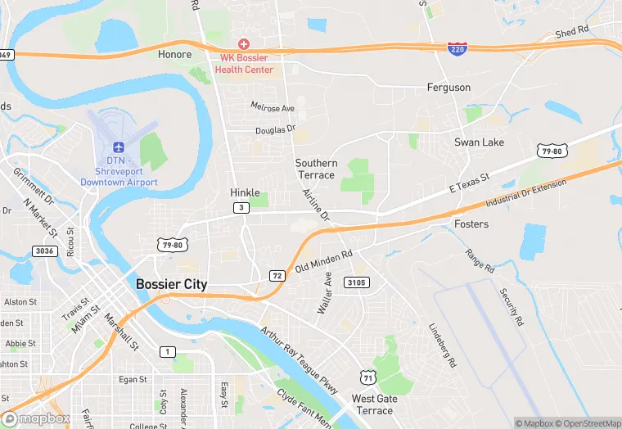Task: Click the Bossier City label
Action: point(171,284)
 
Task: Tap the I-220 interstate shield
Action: point(458,50)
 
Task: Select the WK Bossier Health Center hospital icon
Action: point(243,43)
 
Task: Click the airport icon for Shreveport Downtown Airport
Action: point(119,147)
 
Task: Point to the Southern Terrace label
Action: point(315,169)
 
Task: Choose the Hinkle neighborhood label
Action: point(245,192)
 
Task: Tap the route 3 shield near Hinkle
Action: point(241,208)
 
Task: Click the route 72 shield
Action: point(277,276)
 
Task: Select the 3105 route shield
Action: point(357,282)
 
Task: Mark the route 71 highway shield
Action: point(368,376)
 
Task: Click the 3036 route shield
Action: point(46,251)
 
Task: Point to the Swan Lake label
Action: point(480,142)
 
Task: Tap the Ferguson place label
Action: point(448,87)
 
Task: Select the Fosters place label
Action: point(471,224)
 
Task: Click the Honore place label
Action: point(174,55)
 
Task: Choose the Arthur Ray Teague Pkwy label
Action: point(299,361)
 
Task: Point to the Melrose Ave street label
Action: point(273,108)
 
